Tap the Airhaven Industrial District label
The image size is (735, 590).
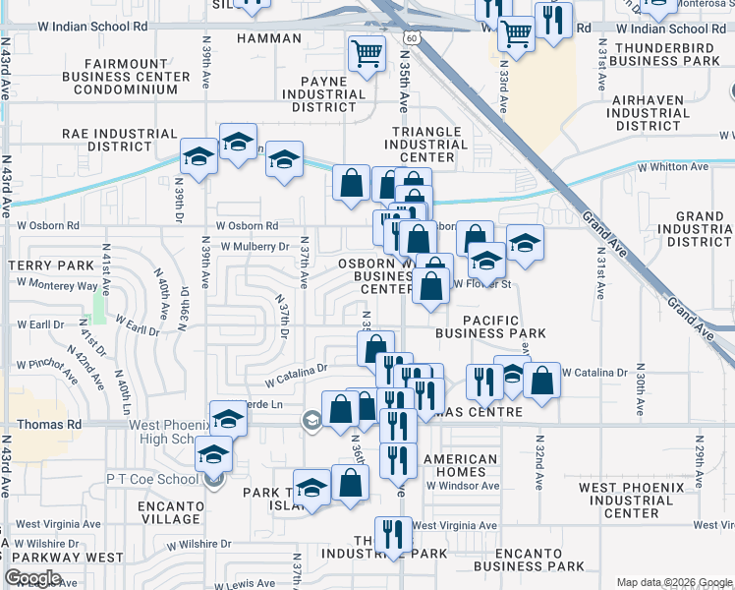click(x=650, y=113)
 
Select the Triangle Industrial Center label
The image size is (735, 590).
click(x=426, y=145)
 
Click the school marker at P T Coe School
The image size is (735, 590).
click(x=212, y=456)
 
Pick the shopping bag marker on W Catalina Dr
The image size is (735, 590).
click(x=540, y=380)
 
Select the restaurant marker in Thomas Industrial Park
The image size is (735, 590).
click(x=394, y=535)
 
